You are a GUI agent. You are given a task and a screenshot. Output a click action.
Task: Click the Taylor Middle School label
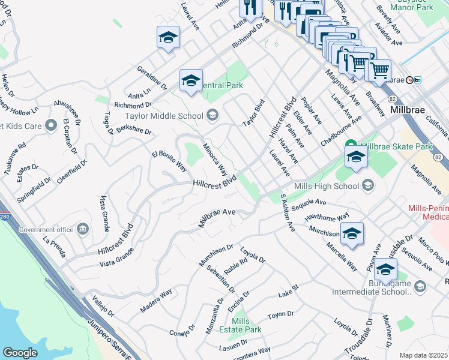164,116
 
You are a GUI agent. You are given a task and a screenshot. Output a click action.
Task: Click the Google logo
20,353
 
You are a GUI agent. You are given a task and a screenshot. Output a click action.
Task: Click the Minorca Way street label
214,156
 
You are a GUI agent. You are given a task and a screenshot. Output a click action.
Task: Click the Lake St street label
288,294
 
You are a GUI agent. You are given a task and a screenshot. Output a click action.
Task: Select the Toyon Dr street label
280,314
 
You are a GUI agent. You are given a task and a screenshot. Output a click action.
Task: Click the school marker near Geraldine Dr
169,38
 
